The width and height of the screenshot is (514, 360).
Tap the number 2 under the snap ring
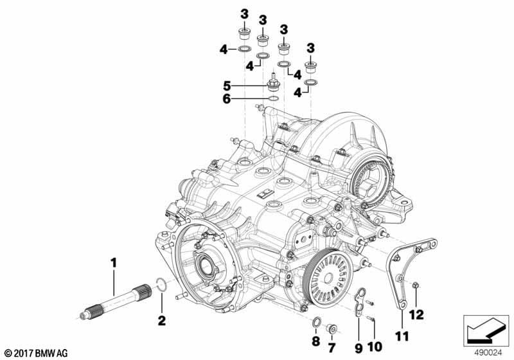click(161, 319)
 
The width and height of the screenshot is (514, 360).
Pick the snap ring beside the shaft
click(163, 284)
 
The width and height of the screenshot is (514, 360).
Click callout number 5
click(227, 85)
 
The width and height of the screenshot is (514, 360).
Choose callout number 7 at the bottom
click(332, 348)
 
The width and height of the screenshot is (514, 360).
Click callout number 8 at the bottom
click(315, 340)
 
